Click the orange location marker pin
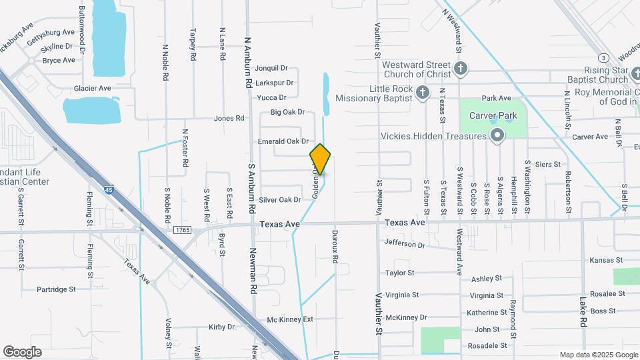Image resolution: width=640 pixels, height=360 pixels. (x=320, y=159)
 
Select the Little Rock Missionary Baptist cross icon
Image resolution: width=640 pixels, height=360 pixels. (x=422, y=93)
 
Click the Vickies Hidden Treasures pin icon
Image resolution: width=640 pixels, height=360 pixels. (x=497, y=137)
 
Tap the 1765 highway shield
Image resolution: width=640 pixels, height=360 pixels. (x=181, y=229)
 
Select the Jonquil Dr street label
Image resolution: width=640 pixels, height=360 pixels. (x=271, y=68)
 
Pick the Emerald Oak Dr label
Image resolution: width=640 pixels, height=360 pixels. (x=283, y=141)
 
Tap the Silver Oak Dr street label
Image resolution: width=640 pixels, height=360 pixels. (x=280, y=199)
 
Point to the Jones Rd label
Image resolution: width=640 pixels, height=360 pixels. (x=229, y=118)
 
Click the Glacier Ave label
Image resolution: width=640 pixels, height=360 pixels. (x=93, y=88)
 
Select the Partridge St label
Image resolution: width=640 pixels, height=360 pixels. (x=56, y=289)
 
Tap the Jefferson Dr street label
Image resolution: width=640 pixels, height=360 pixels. (x=405, y=245)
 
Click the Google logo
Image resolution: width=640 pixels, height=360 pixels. (x=22, y=352)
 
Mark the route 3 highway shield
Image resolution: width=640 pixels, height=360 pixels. (x=602, y=57)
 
